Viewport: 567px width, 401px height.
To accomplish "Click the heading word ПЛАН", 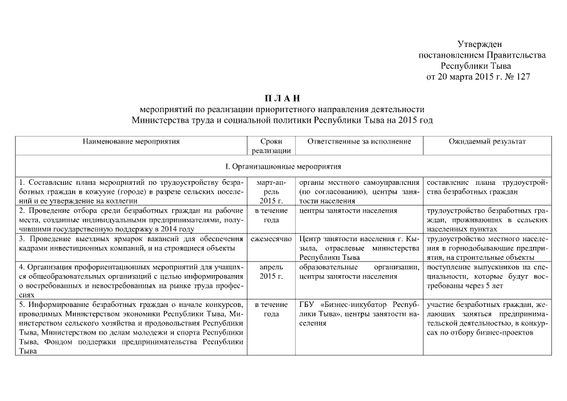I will [x=283, y=98].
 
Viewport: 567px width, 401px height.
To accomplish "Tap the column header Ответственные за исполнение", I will [x=359, y=142].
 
